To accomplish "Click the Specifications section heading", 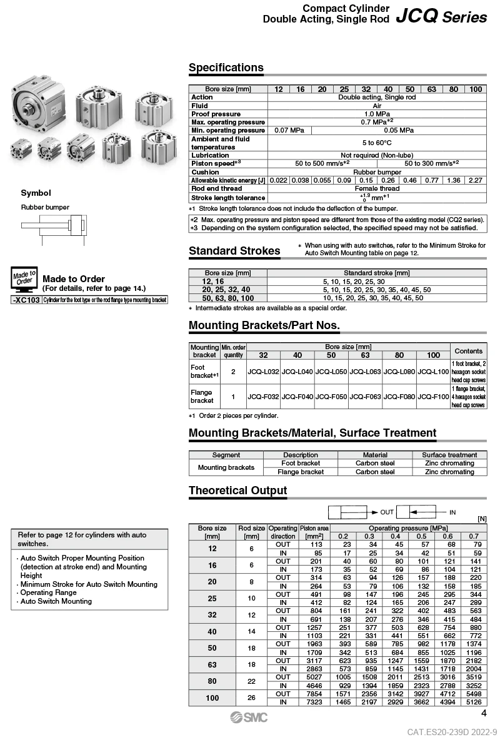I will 226,68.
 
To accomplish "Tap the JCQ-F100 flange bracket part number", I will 433,397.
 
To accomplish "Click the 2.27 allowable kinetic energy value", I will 476,180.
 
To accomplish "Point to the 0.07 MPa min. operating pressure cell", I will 289,130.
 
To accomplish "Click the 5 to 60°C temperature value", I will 377,143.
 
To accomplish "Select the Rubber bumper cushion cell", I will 377,172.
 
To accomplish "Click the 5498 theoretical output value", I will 474,694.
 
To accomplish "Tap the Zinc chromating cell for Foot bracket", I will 449,464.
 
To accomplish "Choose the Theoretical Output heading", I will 238,490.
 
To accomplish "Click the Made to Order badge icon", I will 25,279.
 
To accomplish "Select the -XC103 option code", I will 26,300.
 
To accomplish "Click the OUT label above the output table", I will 387,512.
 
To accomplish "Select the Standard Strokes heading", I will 234,251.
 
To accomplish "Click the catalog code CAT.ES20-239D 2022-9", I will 452,731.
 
